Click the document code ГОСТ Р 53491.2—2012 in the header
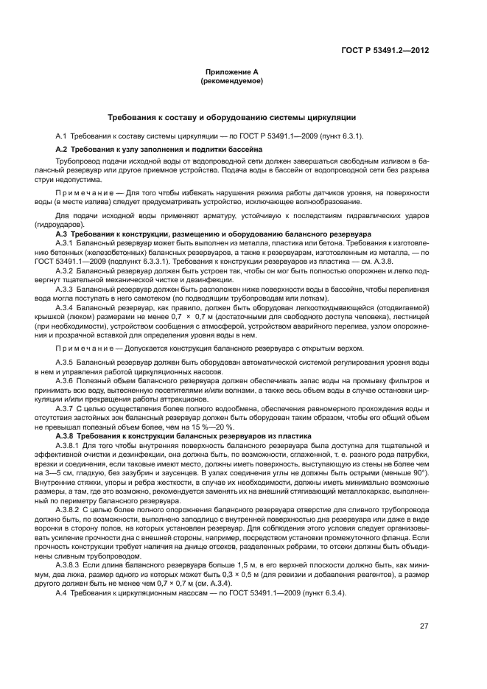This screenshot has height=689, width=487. [385, 51]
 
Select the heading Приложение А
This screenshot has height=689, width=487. [231, 72]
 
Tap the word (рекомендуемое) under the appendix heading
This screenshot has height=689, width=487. [231, 80]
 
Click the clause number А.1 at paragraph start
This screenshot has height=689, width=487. [62, 136]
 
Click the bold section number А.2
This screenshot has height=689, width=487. [62, 149]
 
